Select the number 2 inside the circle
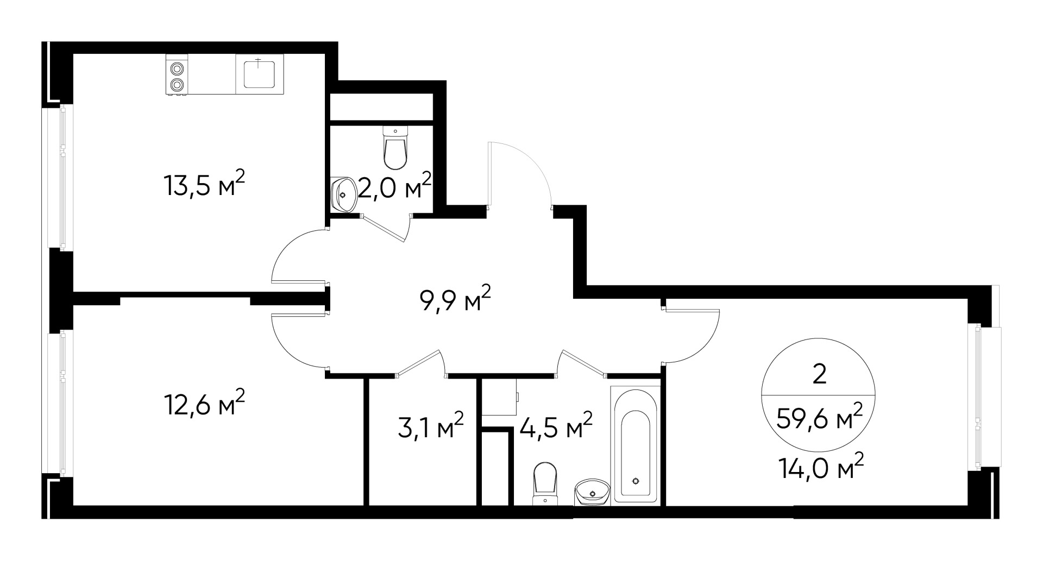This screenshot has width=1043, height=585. (819, 375)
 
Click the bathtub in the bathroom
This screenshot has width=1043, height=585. (635, 445)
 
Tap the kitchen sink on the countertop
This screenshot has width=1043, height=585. (259, 74)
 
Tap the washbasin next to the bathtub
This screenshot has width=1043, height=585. (592, 492)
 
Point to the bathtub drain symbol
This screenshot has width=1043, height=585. (636, 480)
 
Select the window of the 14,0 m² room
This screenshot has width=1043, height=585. (978, 397)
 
